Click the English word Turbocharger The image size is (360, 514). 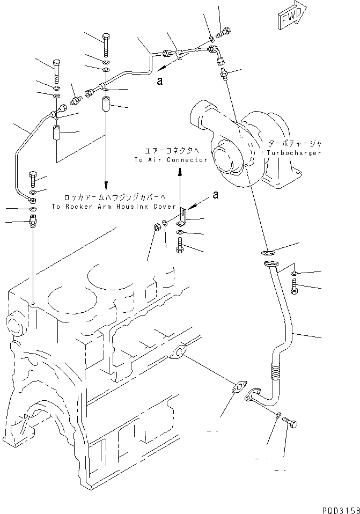[x=293, y=153]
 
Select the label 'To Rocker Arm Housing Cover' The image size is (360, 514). [x=113, y=207]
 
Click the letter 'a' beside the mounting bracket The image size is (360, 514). [x=215, y=195]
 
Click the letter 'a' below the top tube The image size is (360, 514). [x=159, y=80]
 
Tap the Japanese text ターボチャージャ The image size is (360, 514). [x=295, y=144]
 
